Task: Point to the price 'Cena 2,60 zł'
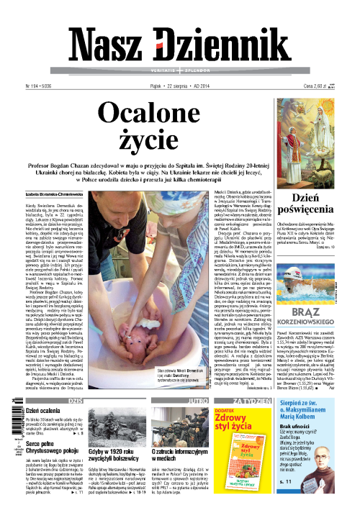(330, 86)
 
